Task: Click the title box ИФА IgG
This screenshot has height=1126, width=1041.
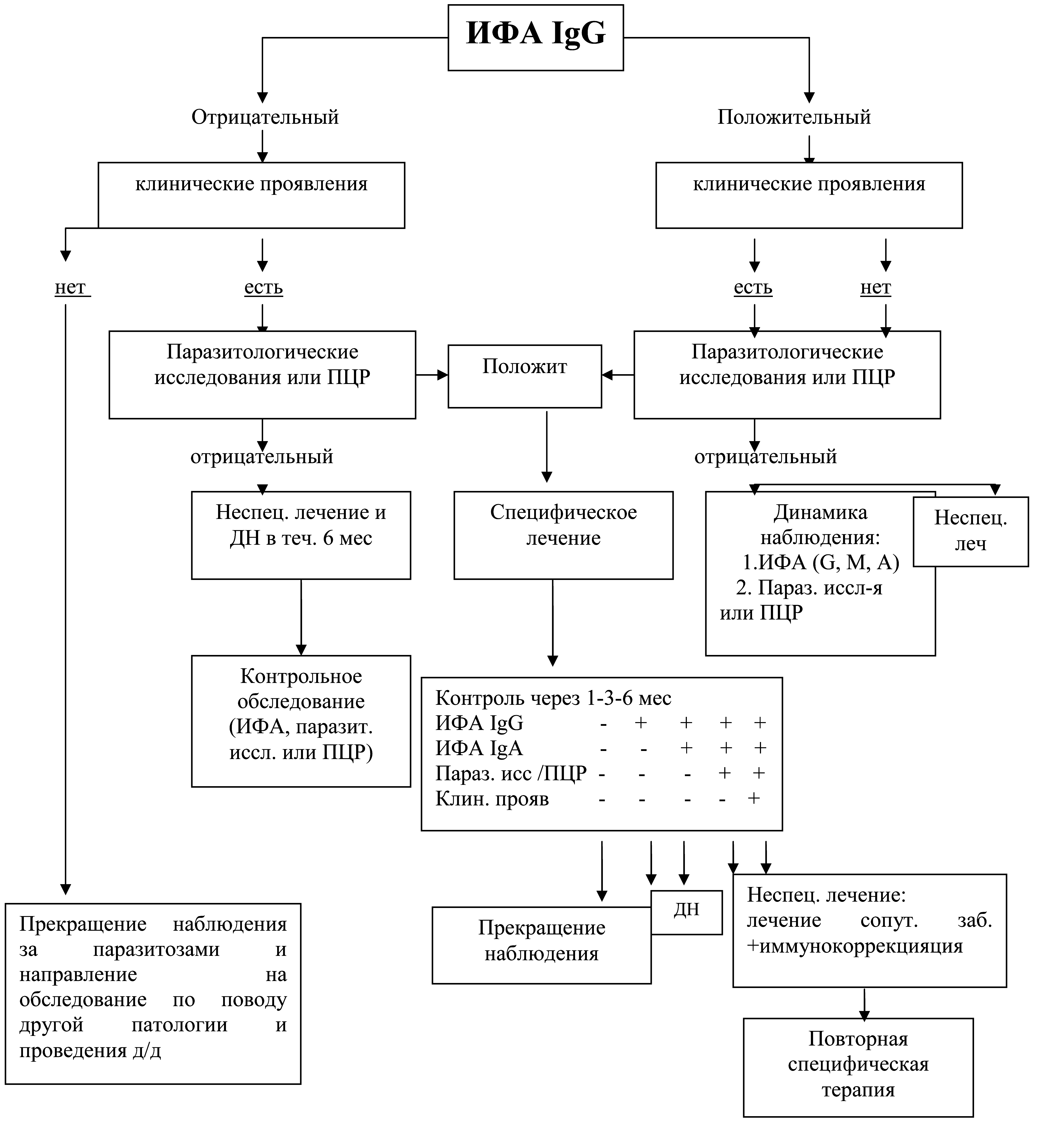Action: click(536, 38)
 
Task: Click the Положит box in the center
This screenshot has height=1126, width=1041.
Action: click(525, 376)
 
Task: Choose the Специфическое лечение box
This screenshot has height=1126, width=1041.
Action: click(563, 535)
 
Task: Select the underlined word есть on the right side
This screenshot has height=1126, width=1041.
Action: click(753, 288)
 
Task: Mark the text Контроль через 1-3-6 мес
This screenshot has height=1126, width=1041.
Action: click(553, 698)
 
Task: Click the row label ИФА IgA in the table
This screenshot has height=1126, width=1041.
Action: click(479, 749)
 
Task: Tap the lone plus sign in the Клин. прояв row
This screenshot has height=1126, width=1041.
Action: click(754, 798)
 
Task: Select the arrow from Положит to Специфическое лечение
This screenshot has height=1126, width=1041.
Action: click(546, 447)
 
